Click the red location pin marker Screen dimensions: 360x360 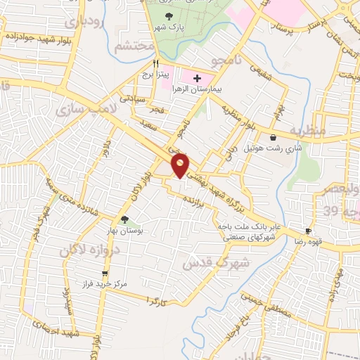click(x=181, y=164)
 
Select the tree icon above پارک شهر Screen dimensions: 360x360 click(x=168, y=16)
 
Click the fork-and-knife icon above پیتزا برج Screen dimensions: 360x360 click(x=146, y=62)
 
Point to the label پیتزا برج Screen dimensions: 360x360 click(x=150, y=74)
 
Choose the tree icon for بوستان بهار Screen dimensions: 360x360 click(x=124, y=219)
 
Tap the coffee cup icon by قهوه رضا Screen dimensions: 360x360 click(x=308, y=231)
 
